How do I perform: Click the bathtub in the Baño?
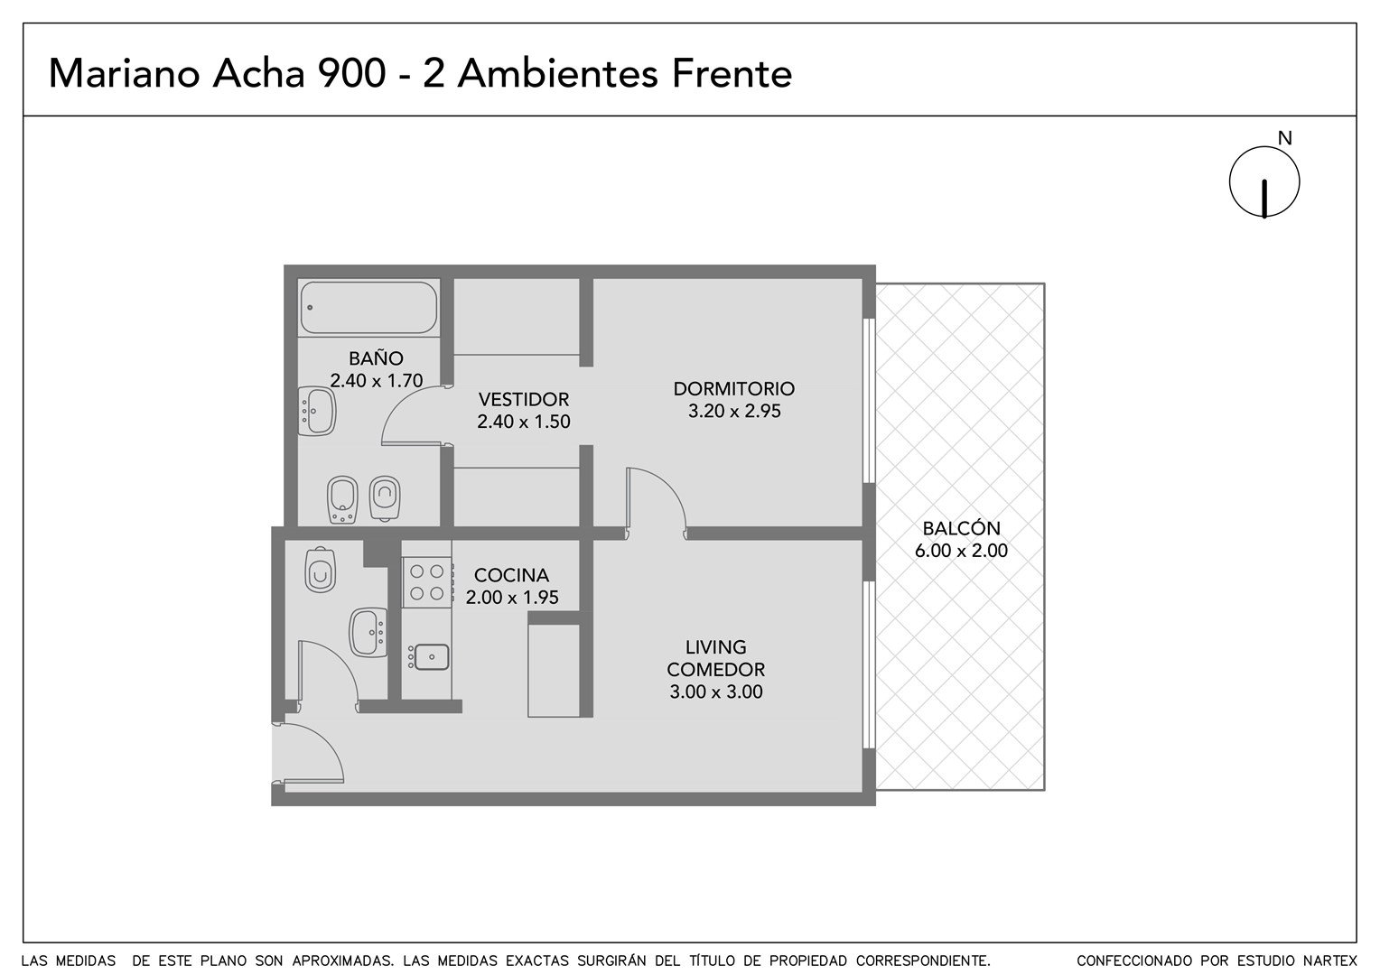(x=369, y=307)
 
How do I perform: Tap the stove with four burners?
(x=427, y=582)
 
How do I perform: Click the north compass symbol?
(x=1264, y=182)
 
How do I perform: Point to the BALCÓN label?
(x=961, y=528)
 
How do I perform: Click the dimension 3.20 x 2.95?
(x=734, y=411)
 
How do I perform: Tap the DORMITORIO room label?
(x=733, y=388)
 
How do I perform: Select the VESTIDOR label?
(x=524, y=399)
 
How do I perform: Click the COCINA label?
(x=511, y=575)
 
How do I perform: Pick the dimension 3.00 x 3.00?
(x=716, y=692)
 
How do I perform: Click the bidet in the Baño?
(x=342, y=499)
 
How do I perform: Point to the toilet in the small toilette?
(x=321, y=569)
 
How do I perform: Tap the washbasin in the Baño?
(x=317, y=411)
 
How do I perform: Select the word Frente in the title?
(x=732, y=74)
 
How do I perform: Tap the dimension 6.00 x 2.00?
(x=961, y=550)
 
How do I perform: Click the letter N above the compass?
(x=1284, y=139)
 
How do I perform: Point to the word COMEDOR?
(x=716, y=670)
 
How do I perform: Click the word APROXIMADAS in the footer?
(x=342, y=961)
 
